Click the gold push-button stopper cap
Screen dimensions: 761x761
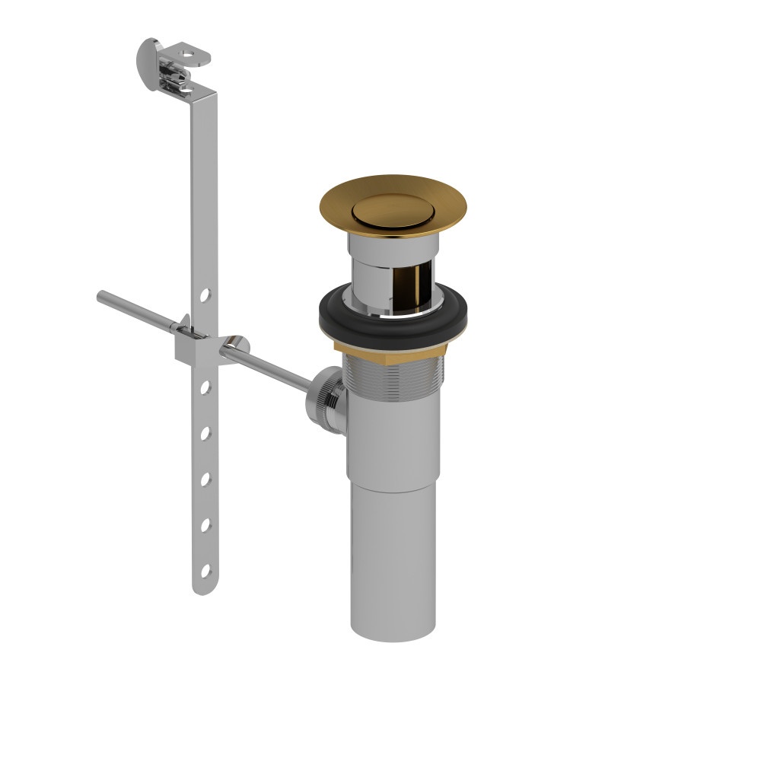coord(392,206)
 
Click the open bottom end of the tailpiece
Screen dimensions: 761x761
coord(393,629)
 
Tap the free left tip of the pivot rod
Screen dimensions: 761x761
coord(101,297)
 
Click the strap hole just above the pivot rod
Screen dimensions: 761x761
coord(204,295)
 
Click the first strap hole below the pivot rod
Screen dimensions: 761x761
coord(204,388)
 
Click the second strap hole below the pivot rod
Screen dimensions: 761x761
coord(204,434)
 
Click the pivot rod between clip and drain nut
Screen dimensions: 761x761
coord(274,365)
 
